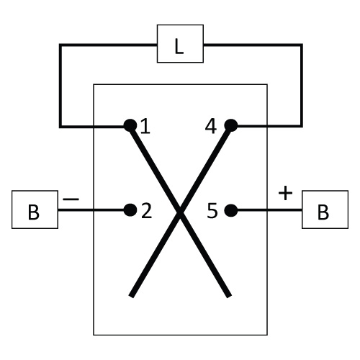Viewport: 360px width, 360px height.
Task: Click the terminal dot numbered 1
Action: [x=130, y=125]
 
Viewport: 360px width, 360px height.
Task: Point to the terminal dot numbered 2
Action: [x=130, y=210]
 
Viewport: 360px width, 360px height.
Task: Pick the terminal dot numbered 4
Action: [x=231, y=125]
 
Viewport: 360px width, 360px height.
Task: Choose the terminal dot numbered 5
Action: [x=231, y=210]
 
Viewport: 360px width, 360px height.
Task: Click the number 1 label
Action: [x=145, y=126]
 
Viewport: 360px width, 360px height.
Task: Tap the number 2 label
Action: [x=147, y=211]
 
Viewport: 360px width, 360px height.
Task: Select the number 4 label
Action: [x=211, y=126]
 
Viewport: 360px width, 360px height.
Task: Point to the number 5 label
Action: [x=212, y=211]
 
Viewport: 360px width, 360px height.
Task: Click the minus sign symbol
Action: [x=71, y=199]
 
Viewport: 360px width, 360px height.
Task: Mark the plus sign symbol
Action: [x=285, y=193]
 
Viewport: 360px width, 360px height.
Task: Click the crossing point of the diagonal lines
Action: [x=180, y=211]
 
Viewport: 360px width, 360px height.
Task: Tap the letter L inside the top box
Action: [x=179, y=47]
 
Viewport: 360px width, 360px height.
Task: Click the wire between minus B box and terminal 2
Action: [x=91, y=210]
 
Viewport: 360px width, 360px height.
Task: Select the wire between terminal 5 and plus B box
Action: [x=269, y=210]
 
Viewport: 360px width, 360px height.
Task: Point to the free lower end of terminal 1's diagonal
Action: [x=229, y=296]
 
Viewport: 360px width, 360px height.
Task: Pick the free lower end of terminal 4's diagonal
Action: [x=131, y=296]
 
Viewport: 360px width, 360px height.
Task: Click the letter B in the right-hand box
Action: [x=323, y=212]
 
